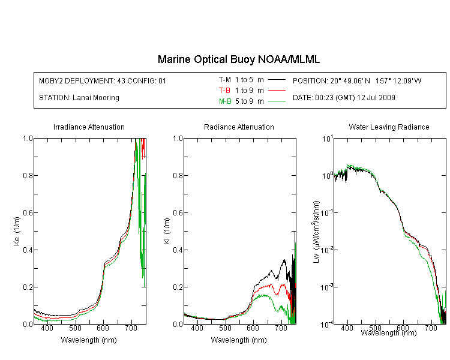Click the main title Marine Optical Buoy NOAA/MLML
[238, 59]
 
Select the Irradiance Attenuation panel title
[89, 127]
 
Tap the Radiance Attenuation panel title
[239, 127]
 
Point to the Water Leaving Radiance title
[389, 127]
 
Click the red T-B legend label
[225, 91]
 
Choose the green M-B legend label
[225, 101]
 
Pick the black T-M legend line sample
[277, 80]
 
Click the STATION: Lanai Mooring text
[79, 98]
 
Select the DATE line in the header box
[344, 98]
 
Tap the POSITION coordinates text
[357, 80]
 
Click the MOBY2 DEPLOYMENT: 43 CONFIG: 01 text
[103, 80]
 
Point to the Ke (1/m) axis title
[17, 232]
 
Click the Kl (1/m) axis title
[167, 232]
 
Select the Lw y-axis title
[316, 232]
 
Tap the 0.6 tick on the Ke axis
[28, 213]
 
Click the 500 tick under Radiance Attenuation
[225, 328]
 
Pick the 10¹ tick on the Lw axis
[327, 139]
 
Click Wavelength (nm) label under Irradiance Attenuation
[89, 340]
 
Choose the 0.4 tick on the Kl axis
[178, 250]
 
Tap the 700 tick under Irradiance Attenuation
[131, 328]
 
